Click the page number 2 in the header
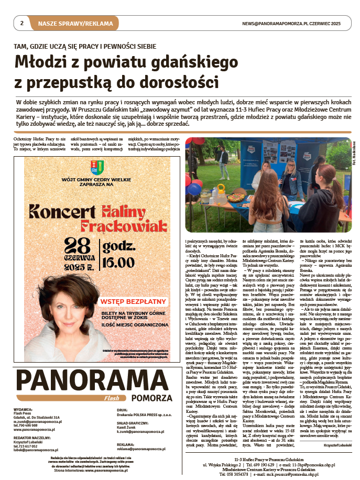(x=22, y=24)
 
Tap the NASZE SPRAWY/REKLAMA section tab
(x=75, y=24)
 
